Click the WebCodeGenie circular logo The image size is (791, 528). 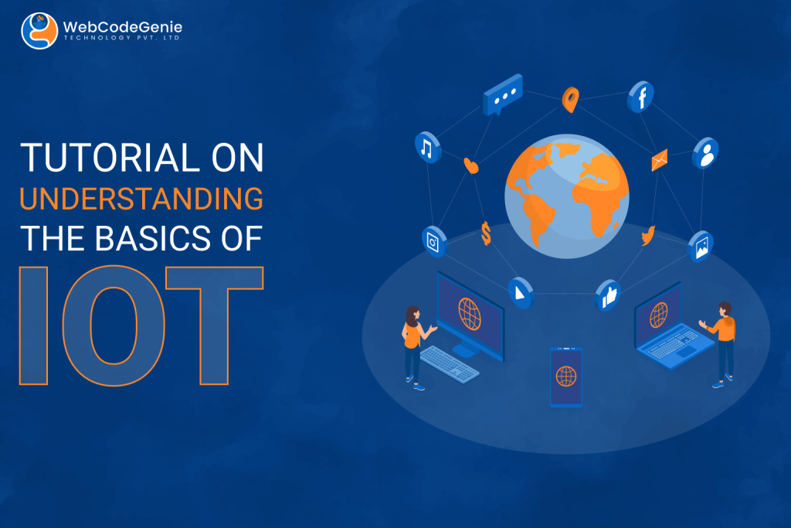pos(39,31)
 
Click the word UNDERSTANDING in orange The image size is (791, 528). pos(141,199)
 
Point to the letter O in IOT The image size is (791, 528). pos(114,325)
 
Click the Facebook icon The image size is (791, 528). pos(640,97)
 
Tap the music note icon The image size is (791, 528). pos(427,148)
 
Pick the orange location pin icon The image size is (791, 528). pos(571,100)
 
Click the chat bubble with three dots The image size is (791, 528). pos(502,94)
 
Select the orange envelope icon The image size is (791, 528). pos(660,160)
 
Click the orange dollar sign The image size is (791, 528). pos(486,233)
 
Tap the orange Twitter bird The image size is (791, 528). pos(648,235)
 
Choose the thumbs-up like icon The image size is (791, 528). pos(609,295)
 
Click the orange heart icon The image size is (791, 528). pos(470,165)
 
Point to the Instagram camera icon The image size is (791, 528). pos(434,241)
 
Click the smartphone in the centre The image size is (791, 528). pos(566,376)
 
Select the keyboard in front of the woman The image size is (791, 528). pos(450,364)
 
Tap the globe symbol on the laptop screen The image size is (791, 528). pos(659,315)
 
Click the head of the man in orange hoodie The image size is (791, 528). pos(725,308)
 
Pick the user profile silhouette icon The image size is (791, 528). pos(705,153)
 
